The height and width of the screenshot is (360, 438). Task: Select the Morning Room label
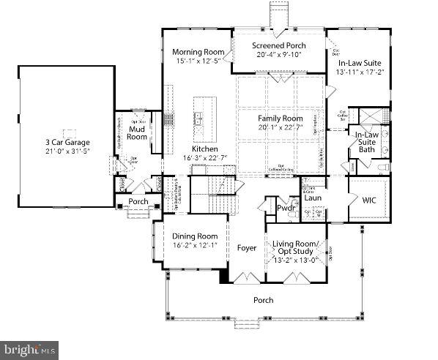click(x=196, y=52)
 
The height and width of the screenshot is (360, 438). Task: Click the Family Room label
click(x=280, y=118)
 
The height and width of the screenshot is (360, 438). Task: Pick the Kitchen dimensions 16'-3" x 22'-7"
click(x=205, y=157)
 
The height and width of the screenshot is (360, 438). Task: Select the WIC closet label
click(x=368, y=198)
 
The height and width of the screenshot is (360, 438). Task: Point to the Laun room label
click(x=313, y=197)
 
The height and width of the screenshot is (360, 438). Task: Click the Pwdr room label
click(x=285, y=209)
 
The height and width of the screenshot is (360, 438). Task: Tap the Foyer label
click(x=247, y=248)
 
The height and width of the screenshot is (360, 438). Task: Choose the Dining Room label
click(x=195, y=236)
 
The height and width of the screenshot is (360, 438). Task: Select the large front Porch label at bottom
click(x=263, y=299)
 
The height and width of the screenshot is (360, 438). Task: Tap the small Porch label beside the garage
click(x=138, y=201)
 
